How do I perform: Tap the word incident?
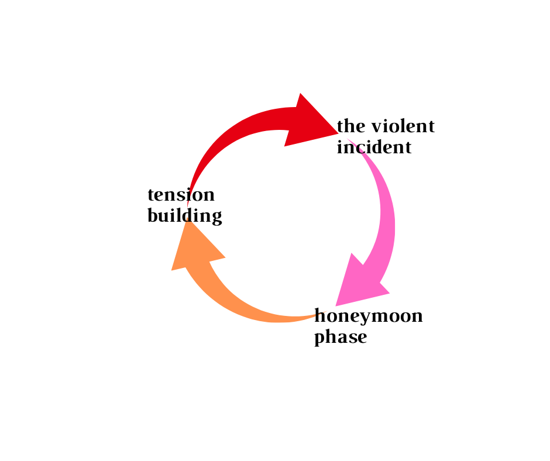pos(374,147)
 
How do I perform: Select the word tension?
pos(181,194)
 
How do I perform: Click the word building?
pos(184,216)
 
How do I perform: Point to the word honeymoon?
pos(369,316)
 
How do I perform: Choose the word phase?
pos(341,338)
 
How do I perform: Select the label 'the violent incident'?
pos(385,136)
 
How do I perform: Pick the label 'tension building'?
pos(184,205)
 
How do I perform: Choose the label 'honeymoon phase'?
pos(369,326)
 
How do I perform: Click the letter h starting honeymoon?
pos(320,316)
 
